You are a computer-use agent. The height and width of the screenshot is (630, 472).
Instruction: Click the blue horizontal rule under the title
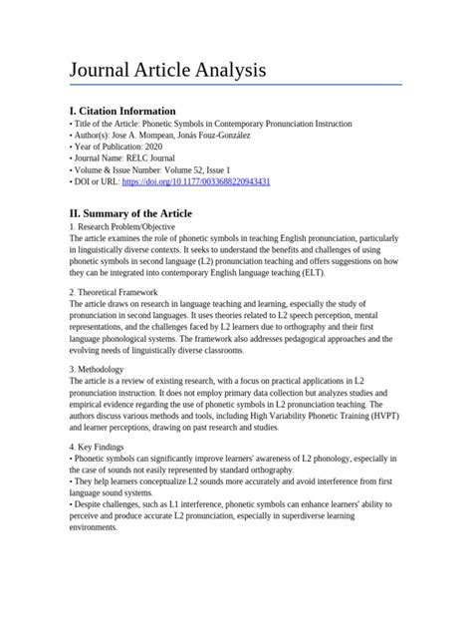pos(235,85)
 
